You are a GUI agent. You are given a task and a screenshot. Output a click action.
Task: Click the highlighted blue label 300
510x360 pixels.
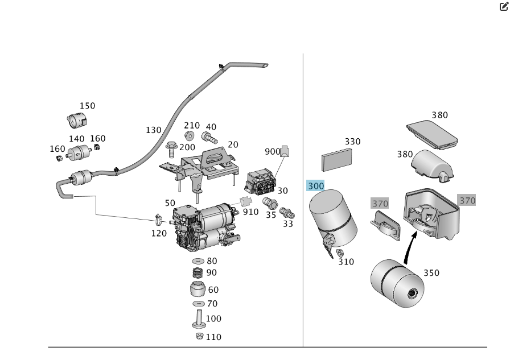click(315, 186)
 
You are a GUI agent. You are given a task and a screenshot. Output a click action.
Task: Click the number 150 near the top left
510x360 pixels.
click(87, 106)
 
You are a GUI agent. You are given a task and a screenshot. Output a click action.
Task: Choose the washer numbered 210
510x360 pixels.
click(190, 136)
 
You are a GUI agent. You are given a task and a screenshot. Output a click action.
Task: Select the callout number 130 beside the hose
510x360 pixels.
click(153, 130)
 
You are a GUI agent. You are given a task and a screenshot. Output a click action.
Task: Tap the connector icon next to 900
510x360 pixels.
click(285, 151)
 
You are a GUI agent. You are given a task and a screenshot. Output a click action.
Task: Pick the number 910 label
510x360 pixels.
click(250, 212)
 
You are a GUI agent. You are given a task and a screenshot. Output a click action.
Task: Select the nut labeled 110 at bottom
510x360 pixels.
click(199, 337)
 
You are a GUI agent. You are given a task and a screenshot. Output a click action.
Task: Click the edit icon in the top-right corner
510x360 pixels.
click(503, 7)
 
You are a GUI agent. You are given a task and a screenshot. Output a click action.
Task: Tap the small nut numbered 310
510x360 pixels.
click(340, 253)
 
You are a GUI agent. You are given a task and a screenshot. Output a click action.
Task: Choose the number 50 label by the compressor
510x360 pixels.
click(170, 203)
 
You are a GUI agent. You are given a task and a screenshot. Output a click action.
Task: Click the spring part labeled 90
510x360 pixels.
click(197, 272)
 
